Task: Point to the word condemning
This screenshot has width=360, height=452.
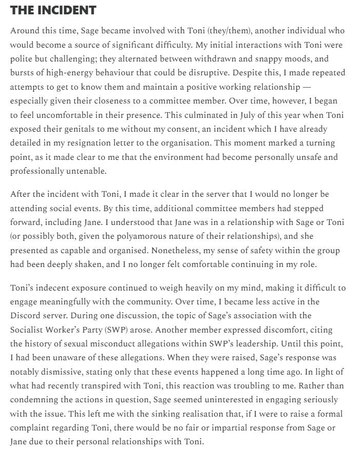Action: [35, 399]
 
